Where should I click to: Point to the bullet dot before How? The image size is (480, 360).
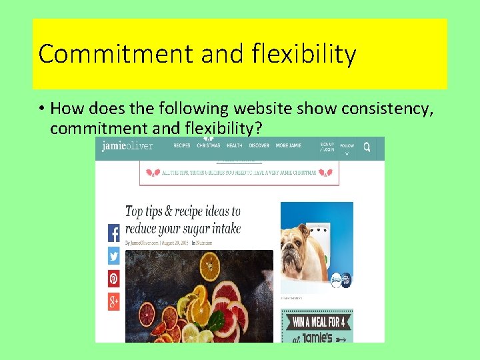(41, 109)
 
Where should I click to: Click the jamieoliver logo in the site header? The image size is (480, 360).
(127, 146)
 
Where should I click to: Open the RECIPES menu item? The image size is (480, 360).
(182, 145)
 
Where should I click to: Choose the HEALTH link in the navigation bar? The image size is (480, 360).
(234, 145)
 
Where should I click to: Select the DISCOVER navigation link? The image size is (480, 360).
(258, 145)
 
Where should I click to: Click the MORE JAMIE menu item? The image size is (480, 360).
(291, 145)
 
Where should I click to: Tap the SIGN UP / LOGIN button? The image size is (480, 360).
(327, 147)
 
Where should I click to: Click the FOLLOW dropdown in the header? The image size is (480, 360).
(347, 148)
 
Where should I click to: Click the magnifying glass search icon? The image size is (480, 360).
(367, 146)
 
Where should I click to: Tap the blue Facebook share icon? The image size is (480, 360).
(113, 233)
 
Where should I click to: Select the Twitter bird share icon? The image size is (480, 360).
(113, 256)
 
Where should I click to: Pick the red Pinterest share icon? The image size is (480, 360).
(113, 279)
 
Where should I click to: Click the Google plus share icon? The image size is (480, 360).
(113, 301)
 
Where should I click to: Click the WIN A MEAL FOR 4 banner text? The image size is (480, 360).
(317, 323)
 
